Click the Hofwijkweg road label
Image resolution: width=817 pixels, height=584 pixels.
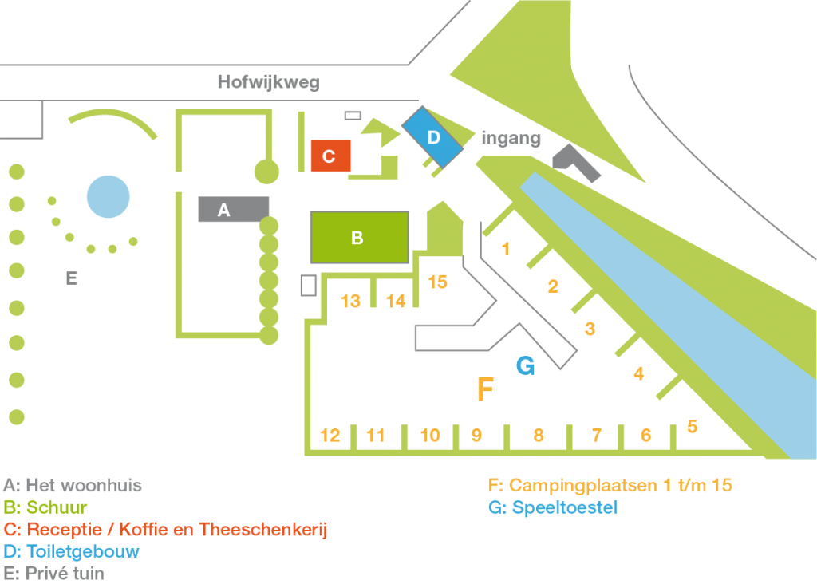268,83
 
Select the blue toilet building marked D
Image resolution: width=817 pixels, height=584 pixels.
432,137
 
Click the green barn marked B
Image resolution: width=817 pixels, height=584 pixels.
358,238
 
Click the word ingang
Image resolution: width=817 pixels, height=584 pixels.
511,138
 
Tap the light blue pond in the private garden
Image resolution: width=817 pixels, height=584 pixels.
108,196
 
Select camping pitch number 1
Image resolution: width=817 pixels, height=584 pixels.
506,250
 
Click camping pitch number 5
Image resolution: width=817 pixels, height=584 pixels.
692,427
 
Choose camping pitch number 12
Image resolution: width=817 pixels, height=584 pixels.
330,436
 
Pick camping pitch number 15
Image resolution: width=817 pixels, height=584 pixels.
437,282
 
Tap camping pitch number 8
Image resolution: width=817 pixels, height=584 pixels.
539,436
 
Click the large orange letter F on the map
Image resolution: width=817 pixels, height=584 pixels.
484,389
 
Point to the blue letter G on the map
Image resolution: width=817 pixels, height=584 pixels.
525,365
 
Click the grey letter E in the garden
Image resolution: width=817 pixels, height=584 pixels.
72,278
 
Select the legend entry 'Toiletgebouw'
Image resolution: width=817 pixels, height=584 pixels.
72,551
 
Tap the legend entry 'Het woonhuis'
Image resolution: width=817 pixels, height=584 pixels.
73,485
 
